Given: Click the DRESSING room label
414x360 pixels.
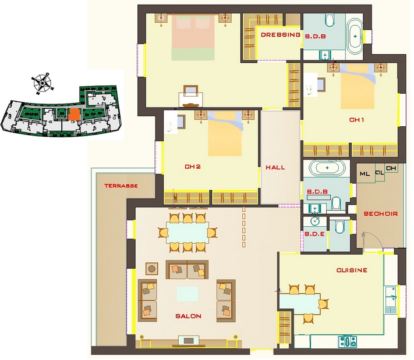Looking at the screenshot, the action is [x=281, y=34].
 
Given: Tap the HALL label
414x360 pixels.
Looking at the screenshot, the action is [x=275, y=167].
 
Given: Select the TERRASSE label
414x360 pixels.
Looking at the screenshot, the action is [x=121, y=186].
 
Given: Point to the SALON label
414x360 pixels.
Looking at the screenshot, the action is [x=188, y=316].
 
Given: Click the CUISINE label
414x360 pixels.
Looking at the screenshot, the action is [x=352, y=270].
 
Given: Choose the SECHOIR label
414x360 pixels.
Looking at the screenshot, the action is [x=381, y=213].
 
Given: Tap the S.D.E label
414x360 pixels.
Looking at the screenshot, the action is [x=314, y=234].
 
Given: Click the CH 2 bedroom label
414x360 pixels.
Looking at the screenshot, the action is [x=193, y=167].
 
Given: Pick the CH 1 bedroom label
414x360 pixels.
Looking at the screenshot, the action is [x=357, y=120].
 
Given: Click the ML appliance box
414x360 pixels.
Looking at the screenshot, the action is [x=366, y=173].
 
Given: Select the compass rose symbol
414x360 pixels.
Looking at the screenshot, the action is [x=43, y=83].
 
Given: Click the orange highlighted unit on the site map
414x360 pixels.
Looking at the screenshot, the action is [x=74, y=115].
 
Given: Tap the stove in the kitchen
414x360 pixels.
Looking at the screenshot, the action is [x=348, y=341].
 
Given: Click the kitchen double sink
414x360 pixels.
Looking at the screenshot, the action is [x=391, y=296].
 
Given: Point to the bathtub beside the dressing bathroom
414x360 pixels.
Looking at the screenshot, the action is [x=355, y=37].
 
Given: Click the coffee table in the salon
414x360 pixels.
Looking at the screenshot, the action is [x=187, y=294].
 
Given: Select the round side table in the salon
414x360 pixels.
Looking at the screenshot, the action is [x=152, y=269].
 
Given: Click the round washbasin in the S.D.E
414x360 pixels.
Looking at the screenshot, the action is [x=315, y=221].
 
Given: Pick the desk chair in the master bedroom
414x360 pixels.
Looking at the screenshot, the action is [x=190, y=90].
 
